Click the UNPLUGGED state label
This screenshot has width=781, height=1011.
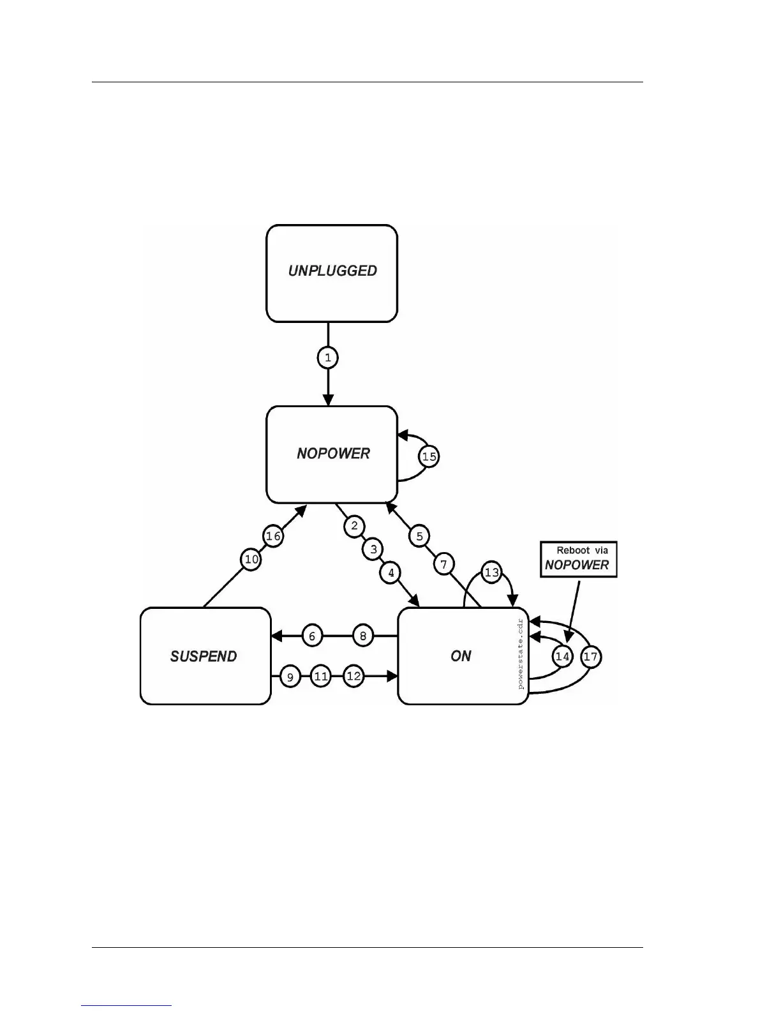332,271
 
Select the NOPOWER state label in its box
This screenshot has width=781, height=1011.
333,454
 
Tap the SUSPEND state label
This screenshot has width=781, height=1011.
204,657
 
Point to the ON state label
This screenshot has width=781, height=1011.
461,657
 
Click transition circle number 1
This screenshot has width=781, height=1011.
328,357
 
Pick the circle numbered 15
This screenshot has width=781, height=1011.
429,456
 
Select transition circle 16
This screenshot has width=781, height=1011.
273,536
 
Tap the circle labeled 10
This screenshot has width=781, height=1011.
252,560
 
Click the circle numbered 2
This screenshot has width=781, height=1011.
354,526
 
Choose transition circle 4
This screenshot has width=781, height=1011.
391,573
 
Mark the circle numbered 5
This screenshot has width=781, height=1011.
419,536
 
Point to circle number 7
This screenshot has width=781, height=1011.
444,564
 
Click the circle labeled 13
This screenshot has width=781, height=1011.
491,573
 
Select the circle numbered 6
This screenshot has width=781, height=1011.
312,636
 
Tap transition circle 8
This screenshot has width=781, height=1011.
363,636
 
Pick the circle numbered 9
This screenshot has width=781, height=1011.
290,677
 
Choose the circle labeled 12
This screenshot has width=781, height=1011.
353,677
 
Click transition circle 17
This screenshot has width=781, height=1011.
591,657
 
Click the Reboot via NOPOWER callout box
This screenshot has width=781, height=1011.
579,559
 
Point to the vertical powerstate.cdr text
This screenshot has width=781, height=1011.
521,654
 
